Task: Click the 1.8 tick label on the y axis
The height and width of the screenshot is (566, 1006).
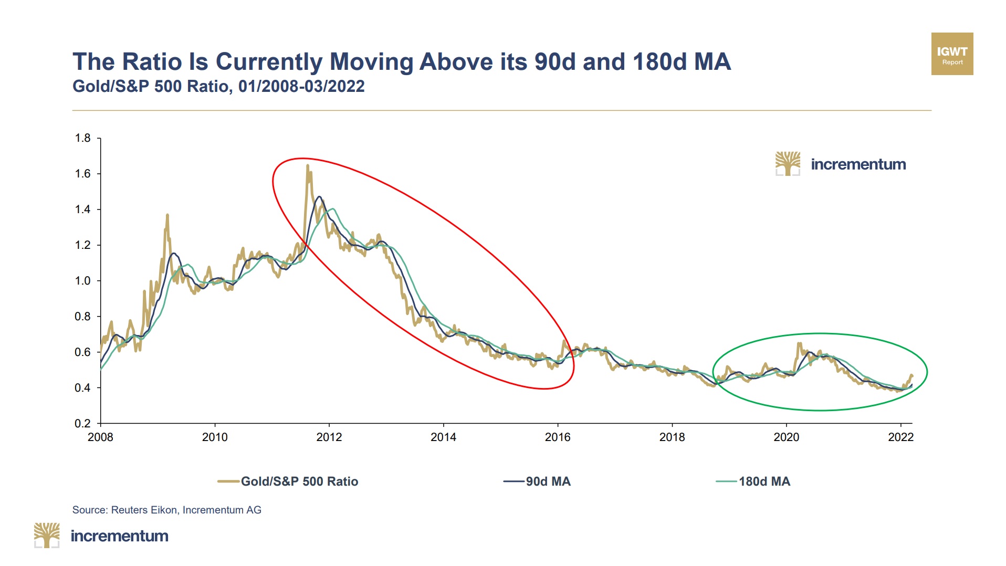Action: click(82, 138)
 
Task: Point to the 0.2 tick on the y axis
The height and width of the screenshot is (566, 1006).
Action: click(82, 423)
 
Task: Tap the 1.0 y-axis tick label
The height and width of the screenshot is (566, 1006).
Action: click(82, 281)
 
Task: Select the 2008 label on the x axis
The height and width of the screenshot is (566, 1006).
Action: click(100, 437)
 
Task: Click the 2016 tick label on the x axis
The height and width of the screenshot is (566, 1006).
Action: click(558, 437)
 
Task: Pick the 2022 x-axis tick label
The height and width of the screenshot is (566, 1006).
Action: click(900, 437)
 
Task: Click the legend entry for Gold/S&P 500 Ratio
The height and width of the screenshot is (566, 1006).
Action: click(299, 481)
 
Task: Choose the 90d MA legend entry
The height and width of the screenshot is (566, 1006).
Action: click(548, 481)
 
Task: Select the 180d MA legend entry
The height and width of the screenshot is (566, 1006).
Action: click(764, 481)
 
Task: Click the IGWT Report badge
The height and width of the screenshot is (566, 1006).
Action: click(952, 54)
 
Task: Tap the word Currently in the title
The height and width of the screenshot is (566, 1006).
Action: click(269, 62)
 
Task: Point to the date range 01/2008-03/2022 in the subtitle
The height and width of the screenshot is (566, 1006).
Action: click(301, 86)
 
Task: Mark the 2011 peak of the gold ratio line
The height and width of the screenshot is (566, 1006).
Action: click(307, 166)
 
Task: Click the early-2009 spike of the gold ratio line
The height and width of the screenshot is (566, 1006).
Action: click(167, 215)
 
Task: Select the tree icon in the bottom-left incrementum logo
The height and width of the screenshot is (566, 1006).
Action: click(47, 535)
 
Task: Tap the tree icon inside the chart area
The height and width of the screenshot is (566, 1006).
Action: click(788, 164)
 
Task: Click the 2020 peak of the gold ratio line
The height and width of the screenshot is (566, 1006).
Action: click(799, 344)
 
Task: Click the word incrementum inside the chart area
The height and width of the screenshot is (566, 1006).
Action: click(858, 164)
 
